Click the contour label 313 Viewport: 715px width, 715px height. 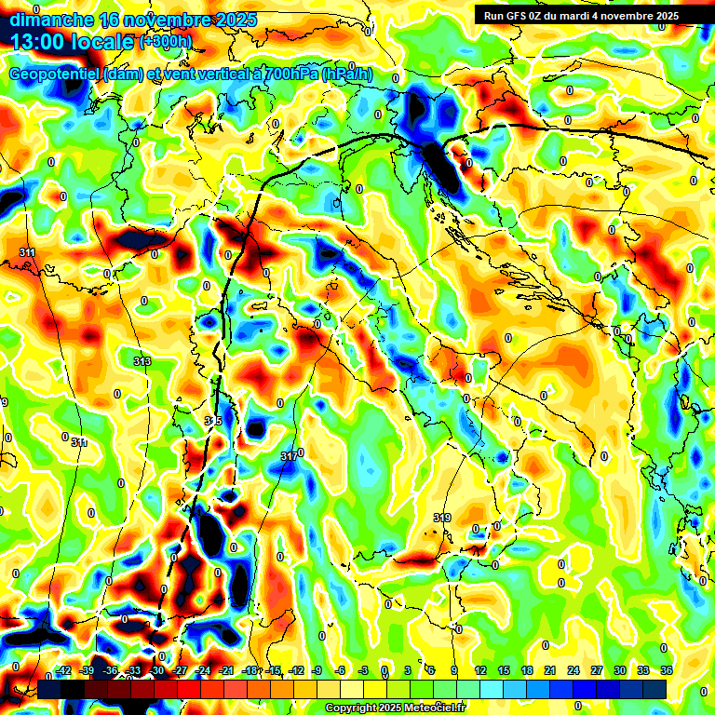[x=142, y=361]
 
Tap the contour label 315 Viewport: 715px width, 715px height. [x=213, y=422]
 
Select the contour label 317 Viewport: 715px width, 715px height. [x=289, y=456]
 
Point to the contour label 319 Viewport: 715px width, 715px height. [x=442, y=518]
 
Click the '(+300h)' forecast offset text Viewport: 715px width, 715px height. [x=166, y=42]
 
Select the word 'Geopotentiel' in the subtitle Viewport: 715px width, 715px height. [x=55, y=74]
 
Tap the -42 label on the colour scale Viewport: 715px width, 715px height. [x=64, y=670]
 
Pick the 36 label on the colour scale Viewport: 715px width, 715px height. [x=667, y=670]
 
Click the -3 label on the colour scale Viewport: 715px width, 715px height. [x=364, y=670]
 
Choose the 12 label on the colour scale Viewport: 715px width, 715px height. [x=480, y=670]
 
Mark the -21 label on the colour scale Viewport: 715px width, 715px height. [x=226, y=670]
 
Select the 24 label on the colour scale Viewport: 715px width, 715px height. [x=573, y=670]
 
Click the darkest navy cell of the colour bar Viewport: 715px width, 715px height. [x=654, y=689]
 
